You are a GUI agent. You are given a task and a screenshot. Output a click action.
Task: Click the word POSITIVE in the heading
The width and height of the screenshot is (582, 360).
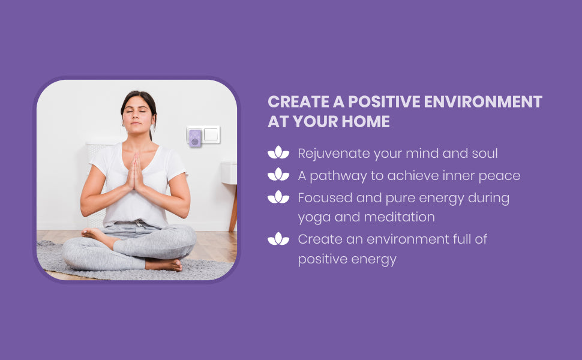click(x=384, y=101)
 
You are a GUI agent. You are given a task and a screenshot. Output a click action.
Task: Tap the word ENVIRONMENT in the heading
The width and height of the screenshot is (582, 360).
click(x=483, y=101)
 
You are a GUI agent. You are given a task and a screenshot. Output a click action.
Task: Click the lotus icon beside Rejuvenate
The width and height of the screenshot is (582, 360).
click(x=278, y=152)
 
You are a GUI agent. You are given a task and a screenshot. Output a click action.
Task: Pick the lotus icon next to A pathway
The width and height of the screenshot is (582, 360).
click(x=278, y=175)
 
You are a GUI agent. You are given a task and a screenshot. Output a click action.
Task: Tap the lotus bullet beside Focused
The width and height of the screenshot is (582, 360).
click(x=278, y=197)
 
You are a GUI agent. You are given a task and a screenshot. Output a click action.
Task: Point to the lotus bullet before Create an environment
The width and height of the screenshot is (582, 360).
click(x=278, y=239)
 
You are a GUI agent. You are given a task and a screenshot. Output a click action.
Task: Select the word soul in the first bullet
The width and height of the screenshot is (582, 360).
click(x=485, y=153)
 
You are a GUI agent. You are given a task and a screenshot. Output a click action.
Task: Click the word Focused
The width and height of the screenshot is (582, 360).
click(x=325, y=197)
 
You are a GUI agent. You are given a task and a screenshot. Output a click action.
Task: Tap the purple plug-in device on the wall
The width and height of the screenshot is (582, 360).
click(x=195, y=138)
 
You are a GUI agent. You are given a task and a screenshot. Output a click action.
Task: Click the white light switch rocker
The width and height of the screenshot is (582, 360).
click(x=211, y=134)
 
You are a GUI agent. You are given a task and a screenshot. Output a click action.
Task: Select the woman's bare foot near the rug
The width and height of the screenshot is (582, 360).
click(x=164, y=264)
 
